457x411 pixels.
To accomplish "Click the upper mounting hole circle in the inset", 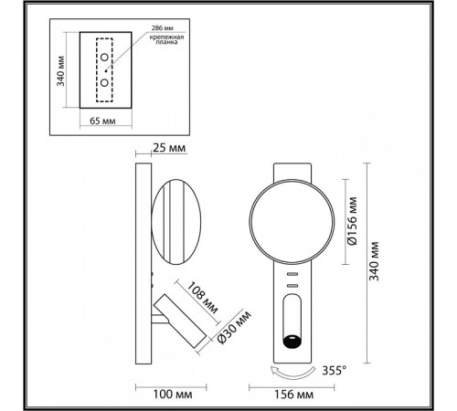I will [106, 59].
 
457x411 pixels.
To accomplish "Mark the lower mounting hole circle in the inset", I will [106, 81].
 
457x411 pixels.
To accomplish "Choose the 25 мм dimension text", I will [175, 148].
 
